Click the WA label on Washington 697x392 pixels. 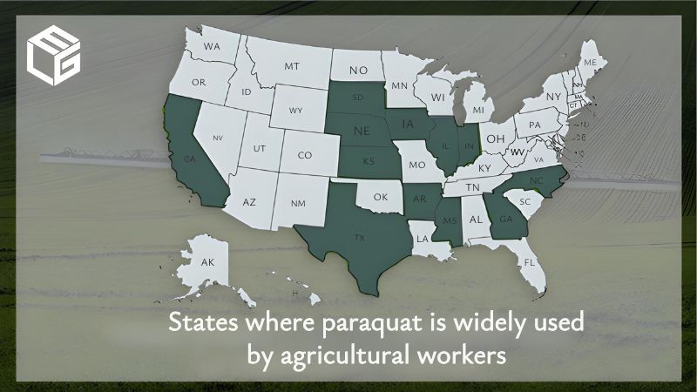212,46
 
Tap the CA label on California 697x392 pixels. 189,159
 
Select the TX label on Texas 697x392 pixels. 359,237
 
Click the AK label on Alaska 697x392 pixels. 207,262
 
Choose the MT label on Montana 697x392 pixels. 292,66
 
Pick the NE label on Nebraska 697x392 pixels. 361,132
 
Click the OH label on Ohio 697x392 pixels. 495,139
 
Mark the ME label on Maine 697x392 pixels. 590,63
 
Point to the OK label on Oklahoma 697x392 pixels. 381,197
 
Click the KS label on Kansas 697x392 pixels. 369,163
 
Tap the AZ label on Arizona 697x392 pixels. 249,202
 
